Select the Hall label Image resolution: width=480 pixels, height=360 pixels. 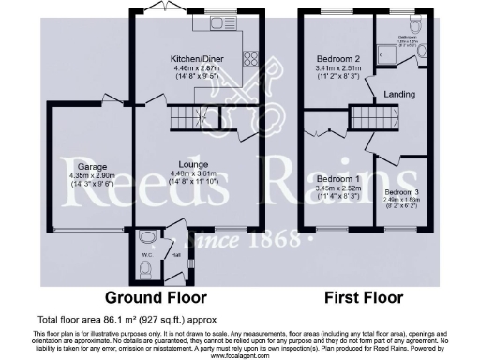(175, 253)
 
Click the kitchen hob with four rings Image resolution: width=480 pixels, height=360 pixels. (251, 57)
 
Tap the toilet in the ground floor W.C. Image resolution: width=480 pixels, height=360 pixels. (144, 270)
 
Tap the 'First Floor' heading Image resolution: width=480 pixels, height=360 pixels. (364, 297)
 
